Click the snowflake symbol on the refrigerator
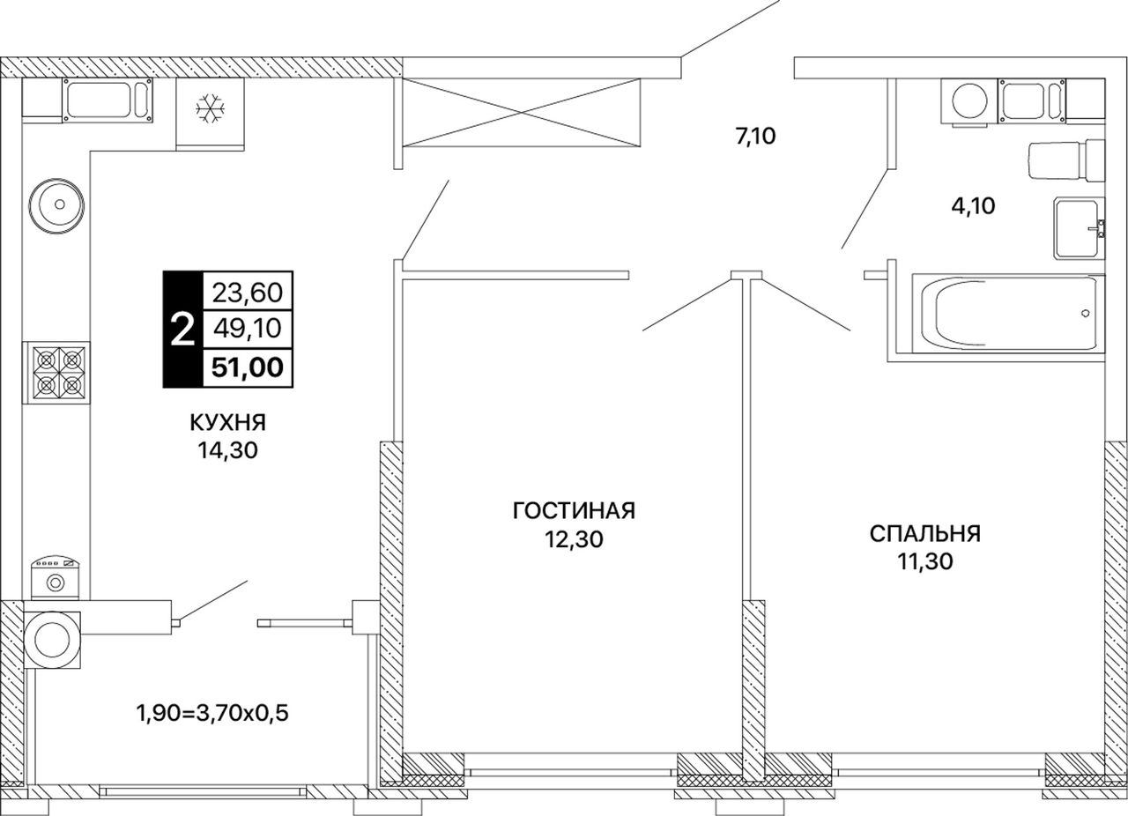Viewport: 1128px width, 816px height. [210, 108]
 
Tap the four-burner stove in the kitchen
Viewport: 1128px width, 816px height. [56, 373]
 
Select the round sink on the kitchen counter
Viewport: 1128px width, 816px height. [56, 205]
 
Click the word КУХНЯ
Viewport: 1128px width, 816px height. [227, 423]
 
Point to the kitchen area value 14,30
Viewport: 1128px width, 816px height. [227, 450]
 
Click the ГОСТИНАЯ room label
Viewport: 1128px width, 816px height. [574, 511]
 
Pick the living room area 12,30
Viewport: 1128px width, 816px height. [574, 539]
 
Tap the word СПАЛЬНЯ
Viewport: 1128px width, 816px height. [925, 533]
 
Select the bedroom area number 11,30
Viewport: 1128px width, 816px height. [925, 561]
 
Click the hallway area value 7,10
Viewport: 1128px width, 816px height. [755, 136]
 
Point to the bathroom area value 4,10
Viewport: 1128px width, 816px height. [973, 205]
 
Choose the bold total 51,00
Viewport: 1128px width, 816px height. [248, 367]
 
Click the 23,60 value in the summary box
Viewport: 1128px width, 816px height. [248, 293]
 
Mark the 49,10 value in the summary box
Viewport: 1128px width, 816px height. [248, 329]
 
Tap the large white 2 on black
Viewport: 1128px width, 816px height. [182, 330]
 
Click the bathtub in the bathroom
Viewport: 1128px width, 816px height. [1008, 312]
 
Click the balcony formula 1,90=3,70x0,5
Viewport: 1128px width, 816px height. [212, 713]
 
